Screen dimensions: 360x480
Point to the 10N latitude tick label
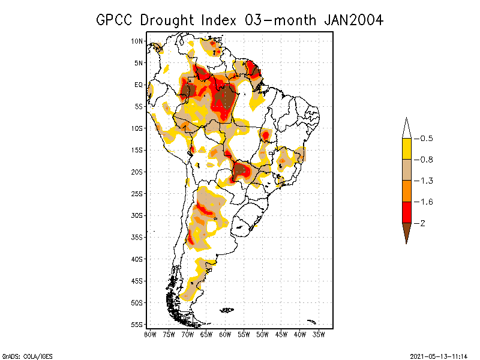(137, 41)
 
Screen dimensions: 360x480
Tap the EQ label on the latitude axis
(139, 85)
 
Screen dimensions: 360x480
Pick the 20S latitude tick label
(137, 172)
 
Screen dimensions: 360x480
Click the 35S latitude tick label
(137, 237)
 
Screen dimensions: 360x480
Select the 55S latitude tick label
(137, 324)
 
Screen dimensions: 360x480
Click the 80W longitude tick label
(150, 334)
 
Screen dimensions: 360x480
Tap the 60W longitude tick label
(226, 334)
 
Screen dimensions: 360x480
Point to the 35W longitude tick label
(319, 334)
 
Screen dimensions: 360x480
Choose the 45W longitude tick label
(281, 334)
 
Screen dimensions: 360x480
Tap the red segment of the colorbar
(406, 212)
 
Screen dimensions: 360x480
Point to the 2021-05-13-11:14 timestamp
(438, 356)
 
